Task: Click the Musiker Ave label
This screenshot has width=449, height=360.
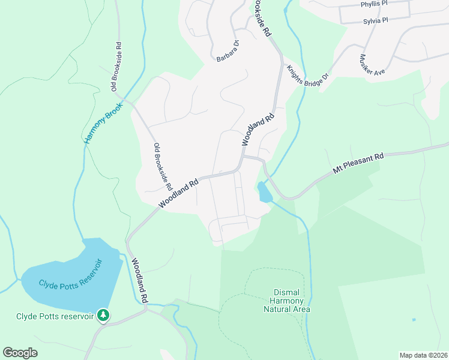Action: coord(372,65)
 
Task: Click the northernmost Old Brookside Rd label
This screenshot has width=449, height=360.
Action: coord(115,67)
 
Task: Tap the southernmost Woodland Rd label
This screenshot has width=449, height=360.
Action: coord(137,280)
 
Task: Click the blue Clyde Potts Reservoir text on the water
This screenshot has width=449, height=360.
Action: coord(71,274)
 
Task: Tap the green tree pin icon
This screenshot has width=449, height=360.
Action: coord(103,314)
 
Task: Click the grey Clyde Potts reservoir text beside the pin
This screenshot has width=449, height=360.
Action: coord(55,316)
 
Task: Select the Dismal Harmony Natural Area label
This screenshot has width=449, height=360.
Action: coord(287,301)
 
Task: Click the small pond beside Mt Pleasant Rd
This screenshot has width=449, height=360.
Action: coord(264,193)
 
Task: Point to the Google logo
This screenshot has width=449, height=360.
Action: coord(20,353)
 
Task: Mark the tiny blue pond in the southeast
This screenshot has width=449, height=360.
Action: coord(414,319)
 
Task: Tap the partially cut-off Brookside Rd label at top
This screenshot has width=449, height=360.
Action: coord(261,19)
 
